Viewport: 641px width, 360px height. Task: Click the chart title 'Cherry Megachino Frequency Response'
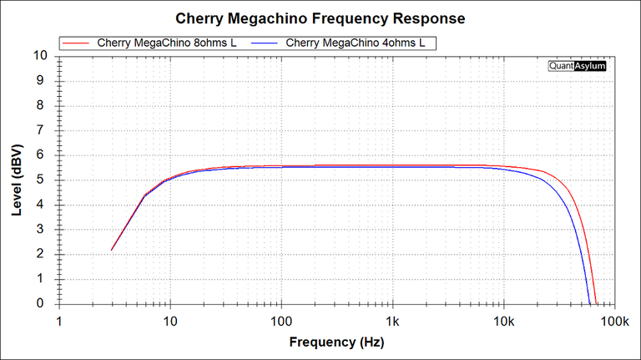pyautogui.click(x=320, y=18)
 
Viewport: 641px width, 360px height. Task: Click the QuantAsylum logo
pyautogui.click(x=577, y=65)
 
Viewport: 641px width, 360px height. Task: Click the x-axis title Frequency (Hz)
pyautogui.click(x=336, y=342)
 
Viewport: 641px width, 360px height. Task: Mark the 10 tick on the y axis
pyautogui.click(x=40, y=56)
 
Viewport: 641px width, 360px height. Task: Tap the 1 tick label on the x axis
pyautogui.click(x=59, y=322)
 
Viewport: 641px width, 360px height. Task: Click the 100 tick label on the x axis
pyautogui.click(x=281, y=322)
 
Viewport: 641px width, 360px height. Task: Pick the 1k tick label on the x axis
pyautogui.click(x=392, y=322)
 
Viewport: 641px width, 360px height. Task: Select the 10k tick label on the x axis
pyautogui.click(x=503, y=322)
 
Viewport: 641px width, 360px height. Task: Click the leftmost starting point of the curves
pyautogui.click(x=112, y=250)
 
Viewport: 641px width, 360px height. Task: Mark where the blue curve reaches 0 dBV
pyautogui.click(x=589, y=304)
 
